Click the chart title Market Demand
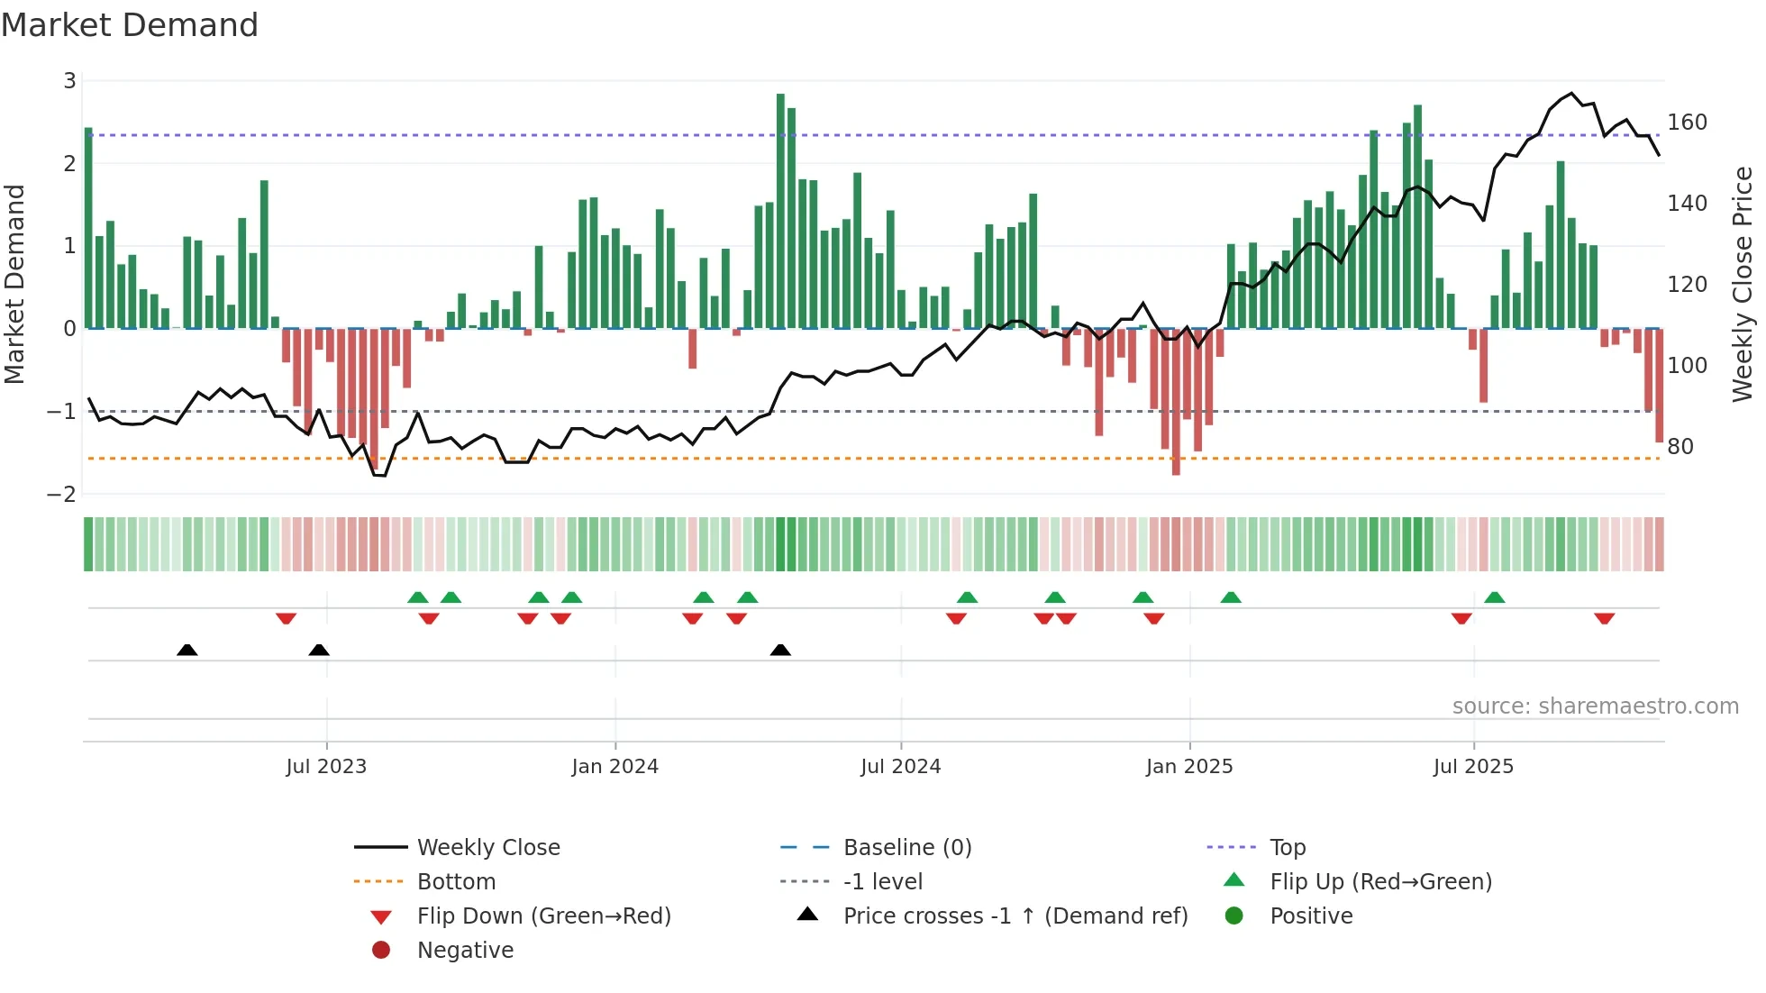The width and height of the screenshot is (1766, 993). point(130,25)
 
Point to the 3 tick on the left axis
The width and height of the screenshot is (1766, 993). point(69,81)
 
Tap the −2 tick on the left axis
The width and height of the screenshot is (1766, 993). point(62,494)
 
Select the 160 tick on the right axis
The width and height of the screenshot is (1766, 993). point(1687,123)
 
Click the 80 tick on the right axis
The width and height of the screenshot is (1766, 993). point(1680,447)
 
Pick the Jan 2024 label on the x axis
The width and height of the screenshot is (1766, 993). point(614,767)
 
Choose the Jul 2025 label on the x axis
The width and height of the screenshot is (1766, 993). point(1473,767)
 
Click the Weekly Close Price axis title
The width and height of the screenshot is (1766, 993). point(1743,284)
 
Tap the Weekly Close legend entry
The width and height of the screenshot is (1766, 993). point(487,848)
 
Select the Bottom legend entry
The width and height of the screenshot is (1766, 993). point(456,882)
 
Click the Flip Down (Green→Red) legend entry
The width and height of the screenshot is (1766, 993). point(543,916)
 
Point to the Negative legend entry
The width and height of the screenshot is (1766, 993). point(465,951)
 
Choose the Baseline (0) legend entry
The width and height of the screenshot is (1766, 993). point(906,848)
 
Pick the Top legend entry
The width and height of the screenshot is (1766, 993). point(1288,848)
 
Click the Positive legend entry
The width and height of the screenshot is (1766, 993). point(1311,916)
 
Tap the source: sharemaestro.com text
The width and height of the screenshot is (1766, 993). point(1595,706)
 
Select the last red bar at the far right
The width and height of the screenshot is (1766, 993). point(1659,386)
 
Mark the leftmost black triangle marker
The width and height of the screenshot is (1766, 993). point(187,650)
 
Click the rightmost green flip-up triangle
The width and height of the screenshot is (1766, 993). point(1494,597)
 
